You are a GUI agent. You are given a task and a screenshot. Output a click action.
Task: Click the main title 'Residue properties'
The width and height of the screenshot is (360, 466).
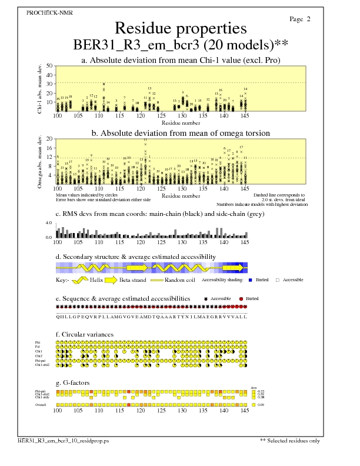180,28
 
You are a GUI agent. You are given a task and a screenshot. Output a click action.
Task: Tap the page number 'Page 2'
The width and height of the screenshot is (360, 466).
300,19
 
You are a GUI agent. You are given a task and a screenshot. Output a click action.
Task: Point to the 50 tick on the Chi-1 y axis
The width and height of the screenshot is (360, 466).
49,66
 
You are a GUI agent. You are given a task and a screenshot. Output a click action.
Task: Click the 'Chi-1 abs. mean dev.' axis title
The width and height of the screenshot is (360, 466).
40,88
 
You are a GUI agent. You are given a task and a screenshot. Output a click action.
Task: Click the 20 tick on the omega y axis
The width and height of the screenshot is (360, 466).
49,139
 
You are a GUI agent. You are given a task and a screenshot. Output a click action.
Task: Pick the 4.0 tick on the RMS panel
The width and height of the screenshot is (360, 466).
49,223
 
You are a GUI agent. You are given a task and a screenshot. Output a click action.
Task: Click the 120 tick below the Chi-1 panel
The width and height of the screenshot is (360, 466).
141,116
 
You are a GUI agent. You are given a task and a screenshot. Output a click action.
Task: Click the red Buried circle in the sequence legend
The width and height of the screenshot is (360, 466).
241,299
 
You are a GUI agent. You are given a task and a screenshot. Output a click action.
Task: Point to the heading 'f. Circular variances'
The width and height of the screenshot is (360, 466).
84,335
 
